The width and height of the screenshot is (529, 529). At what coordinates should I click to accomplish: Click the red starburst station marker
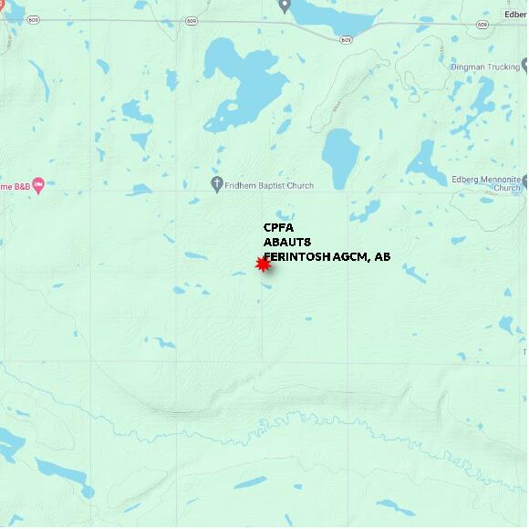pos(264,264)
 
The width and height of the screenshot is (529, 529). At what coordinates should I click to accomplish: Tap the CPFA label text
pos(278,227)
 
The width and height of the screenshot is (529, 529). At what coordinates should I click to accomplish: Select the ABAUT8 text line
pos(286,242)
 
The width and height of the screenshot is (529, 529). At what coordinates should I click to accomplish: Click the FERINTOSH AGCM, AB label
pos(327,257)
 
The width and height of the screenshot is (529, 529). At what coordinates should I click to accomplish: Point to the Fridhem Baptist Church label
pos(271,185)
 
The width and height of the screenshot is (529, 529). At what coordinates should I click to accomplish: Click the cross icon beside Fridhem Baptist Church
pos(217,185)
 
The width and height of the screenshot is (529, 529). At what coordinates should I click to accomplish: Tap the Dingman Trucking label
pos(483,67)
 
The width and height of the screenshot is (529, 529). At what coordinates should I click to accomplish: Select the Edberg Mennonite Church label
pos(486,185)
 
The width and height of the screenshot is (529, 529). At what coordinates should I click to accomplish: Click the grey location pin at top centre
pos(285,5)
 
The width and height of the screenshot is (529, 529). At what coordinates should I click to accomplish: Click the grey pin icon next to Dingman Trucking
pos(524,66)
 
